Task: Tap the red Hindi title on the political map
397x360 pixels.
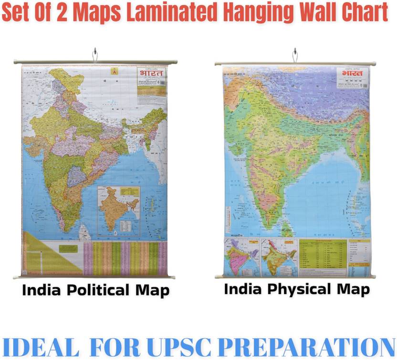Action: (151, 74)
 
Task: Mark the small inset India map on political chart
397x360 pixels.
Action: (118, 210)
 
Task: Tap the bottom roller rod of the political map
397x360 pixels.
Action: (94, 276)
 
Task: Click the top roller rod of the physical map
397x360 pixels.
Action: (295, 63)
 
